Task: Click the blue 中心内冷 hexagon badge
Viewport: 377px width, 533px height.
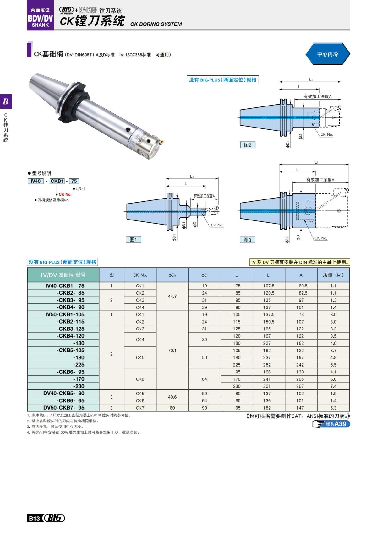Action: [x=327, y=54]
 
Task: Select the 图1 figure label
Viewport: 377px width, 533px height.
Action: [x=133, y=239]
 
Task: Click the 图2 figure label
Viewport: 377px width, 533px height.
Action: [x=248, y=145]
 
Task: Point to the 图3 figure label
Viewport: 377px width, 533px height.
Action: [x=247, y=240]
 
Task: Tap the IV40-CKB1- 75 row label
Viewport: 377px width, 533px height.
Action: [x=65, y=286]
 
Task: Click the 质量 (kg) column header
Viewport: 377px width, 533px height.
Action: [x=333, y=275]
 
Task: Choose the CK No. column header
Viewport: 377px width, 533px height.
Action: [x=140, y=275]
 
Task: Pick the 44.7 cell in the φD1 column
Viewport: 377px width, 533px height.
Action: [x=172, y=296]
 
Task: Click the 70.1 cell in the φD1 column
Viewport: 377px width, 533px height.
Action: [x=172, y=350]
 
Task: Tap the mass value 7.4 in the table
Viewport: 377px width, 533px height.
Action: [x=333, y=386]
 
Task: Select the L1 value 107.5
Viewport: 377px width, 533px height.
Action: [x=269, y=286]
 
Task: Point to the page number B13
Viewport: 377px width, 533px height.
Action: [x=34, y=518]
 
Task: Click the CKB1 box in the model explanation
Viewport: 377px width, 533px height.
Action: [x=57, y=181]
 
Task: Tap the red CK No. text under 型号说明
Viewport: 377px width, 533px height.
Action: [x=65, y=194]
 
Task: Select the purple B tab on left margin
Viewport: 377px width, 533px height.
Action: [x=6, y=101]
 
